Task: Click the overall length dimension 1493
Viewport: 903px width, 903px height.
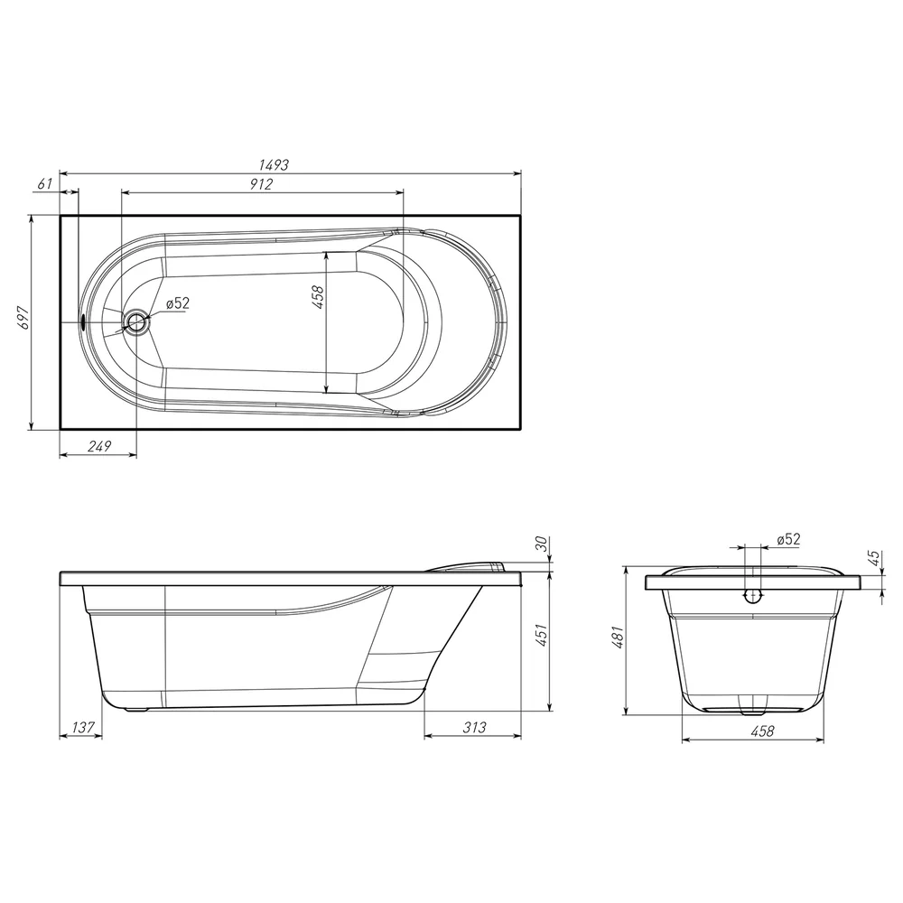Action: pyautogui.click(x=274, y=164)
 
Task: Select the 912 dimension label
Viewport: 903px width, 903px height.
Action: pyautogui.click(x=261, y=184)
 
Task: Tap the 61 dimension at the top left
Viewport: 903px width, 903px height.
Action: pyautogui.click(x=45, y=183)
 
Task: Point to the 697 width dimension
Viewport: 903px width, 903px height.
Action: pyautogui.click(x=23, y=318)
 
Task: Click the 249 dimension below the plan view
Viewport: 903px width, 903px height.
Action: pyautogui.click(x=99, y=446)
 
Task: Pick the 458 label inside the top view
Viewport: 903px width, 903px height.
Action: pyautogui.click(x=318, y=297)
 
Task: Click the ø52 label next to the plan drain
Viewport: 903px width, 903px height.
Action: pyautogui.click(x=177, y=303)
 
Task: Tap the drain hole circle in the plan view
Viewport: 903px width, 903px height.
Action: pyautogui.click(x=137, y=321)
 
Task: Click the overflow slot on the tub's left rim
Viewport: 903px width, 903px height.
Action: pyautogui.click(x=83, y=321)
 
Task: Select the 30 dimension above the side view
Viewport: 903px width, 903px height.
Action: pyautogui.click(x=541, y=543)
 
